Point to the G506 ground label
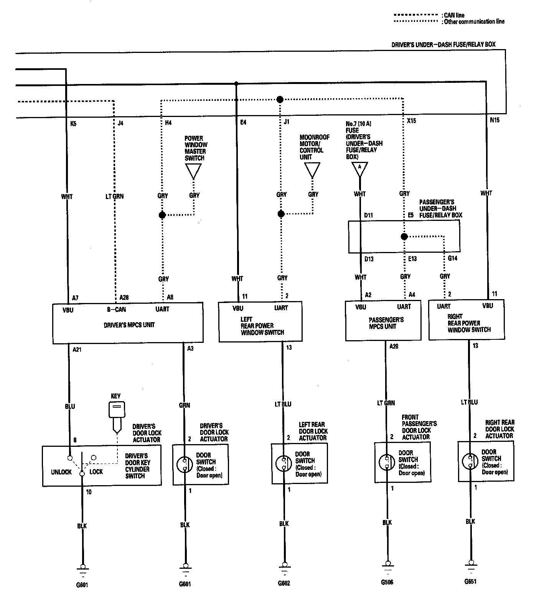tap(387, 582)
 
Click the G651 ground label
tap(470, 581)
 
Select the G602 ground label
tap(284, 583)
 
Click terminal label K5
tap(73, 124)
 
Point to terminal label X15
tap(412, 121)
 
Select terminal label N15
tap(495, 120)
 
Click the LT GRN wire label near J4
tap(115, 196)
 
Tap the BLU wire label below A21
tap(70, 406)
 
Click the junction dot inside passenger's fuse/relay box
tap(404, 237)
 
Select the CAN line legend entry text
tap(454, 15)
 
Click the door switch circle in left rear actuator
tap(284, 463)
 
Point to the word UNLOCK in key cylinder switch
tap(61, 472)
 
